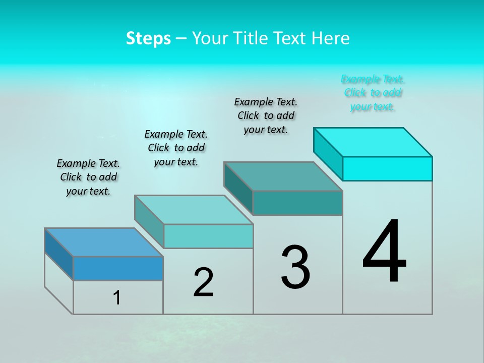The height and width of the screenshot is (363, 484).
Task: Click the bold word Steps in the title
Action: [148, 38]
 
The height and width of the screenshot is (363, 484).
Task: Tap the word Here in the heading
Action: [330, 38]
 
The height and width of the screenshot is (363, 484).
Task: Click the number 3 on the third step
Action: [295, 267]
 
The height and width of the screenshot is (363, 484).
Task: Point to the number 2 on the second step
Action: [203, 282]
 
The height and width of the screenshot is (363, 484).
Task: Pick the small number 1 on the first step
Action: [117, 298]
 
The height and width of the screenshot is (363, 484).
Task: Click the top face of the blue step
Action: [103, 243]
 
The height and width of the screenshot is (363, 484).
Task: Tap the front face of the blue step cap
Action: [118, 268]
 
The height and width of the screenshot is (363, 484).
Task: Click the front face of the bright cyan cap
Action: [387, 168]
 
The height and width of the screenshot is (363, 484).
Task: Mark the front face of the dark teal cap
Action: [297, 203]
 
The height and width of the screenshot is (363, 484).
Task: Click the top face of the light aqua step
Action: [194, 210]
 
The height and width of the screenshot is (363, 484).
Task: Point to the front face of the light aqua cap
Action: [208, 236]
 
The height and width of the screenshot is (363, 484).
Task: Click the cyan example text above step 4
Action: [373, 93]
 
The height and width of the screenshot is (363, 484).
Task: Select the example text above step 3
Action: [266, 115]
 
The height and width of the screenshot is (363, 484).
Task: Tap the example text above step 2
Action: [176, 148]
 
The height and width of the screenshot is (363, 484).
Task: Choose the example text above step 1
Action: [88, 177]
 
